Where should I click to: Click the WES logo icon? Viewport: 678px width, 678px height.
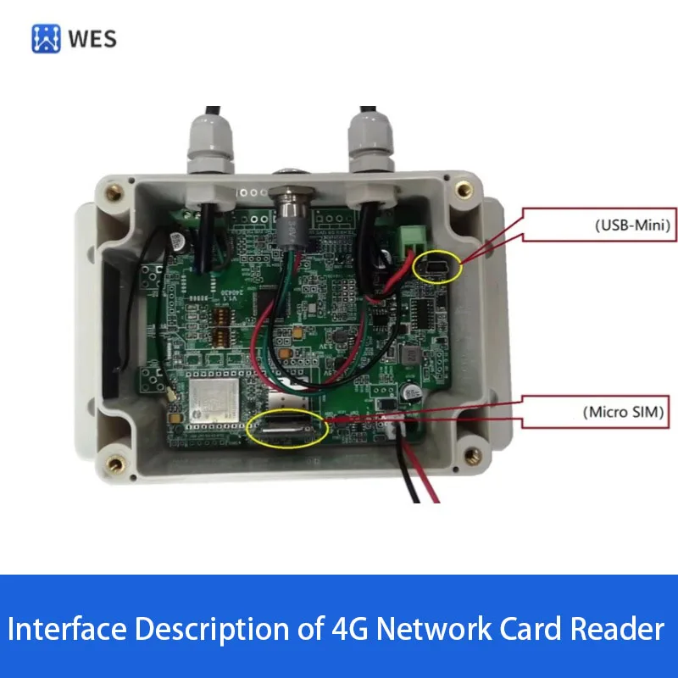(47, 38)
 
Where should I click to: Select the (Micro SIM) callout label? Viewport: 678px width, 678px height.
(624, 413)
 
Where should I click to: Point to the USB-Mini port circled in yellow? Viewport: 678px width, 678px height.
(437, 268)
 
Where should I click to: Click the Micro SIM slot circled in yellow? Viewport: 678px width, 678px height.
(287, 429)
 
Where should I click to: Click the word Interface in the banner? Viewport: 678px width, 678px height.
(70, 629)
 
